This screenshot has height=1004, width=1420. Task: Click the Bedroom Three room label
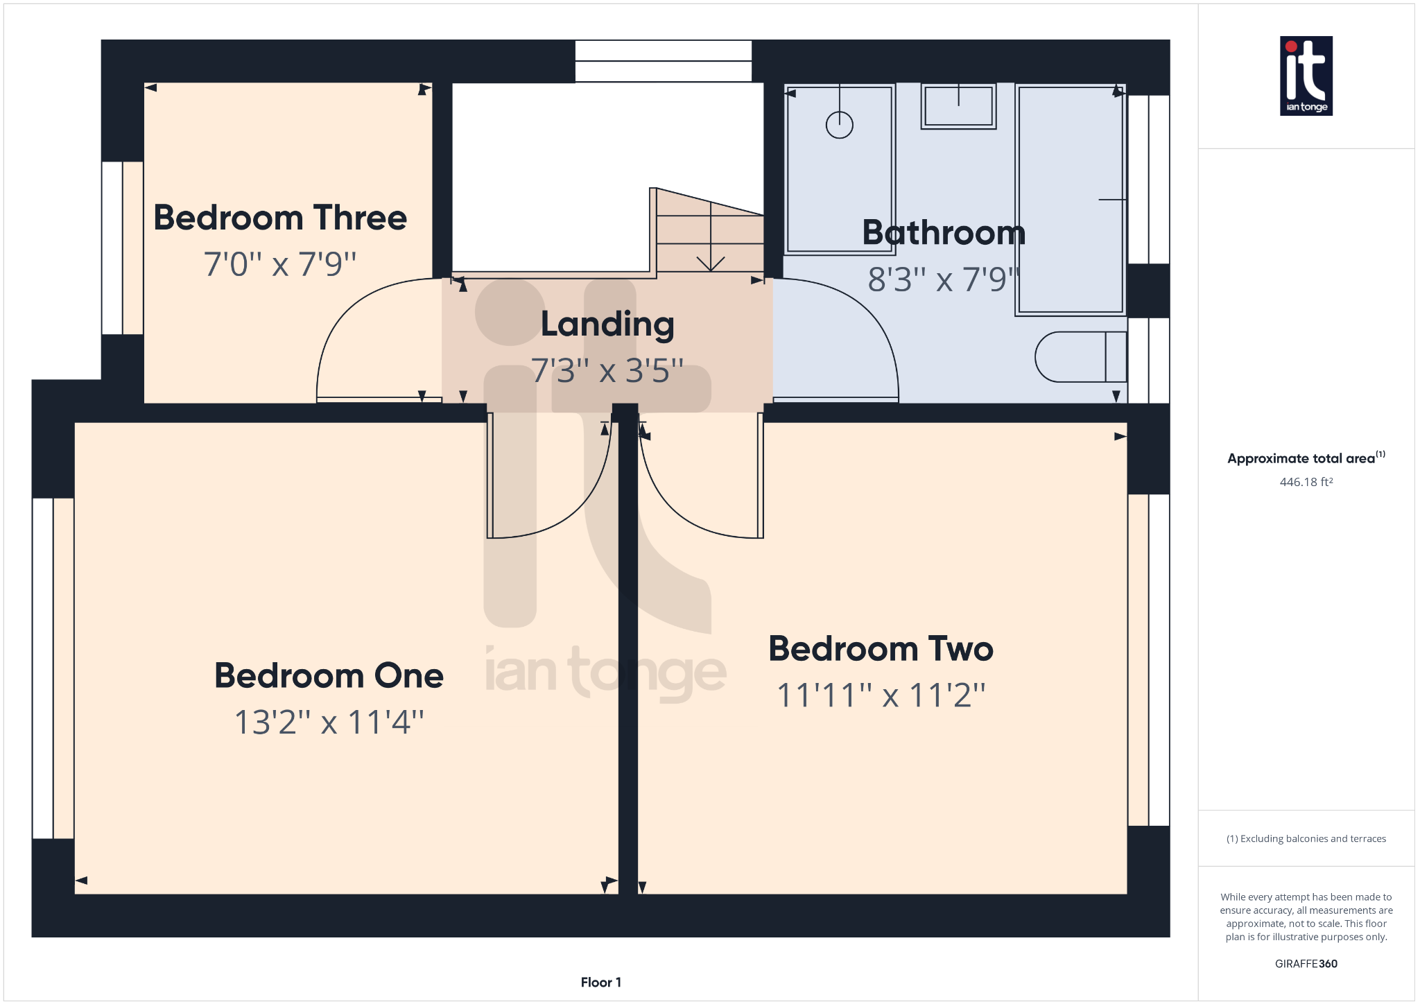tap(280, 218)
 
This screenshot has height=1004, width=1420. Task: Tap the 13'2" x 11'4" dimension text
tap(329, 722)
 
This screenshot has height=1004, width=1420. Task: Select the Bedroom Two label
tap(881, 649)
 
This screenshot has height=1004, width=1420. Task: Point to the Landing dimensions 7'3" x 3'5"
tap(607, 371)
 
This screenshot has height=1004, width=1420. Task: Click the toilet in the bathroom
tap(1079, 357)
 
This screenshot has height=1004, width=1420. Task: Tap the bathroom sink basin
tap(958, 106)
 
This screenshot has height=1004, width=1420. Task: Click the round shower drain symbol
tap(839, 125)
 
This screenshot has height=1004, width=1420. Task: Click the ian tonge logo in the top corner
tap(1306, 76)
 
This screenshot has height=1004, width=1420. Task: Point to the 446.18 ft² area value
tap(1306, 482)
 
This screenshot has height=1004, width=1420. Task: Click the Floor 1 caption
tap(601, 982)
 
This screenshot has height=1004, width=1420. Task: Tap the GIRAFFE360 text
tap(1306, 964)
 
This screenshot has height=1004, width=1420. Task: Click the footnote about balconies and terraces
tap(1306, 839)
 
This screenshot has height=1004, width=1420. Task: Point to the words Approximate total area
tap(1301, 458)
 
